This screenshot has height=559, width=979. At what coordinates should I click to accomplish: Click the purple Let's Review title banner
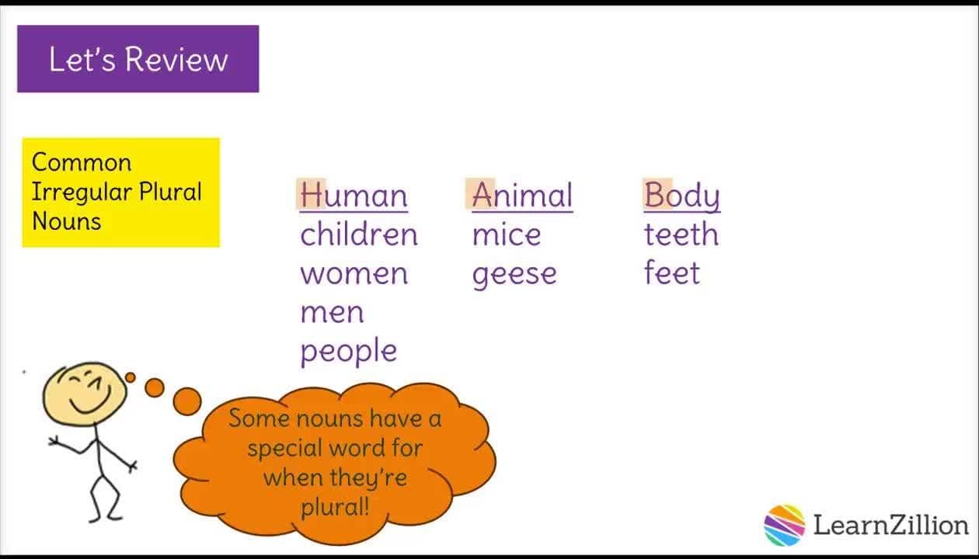pos(138,59)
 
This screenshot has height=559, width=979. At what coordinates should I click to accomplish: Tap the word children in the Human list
pos(359,234)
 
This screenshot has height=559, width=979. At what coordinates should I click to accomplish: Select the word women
pos(354,273)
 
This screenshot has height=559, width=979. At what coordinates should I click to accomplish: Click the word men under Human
pos(332,312)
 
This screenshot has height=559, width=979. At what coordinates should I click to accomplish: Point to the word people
pos(348,352)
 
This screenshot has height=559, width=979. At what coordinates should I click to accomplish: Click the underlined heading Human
pos(354,196)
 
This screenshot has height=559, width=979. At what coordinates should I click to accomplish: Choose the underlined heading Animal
pos(522,196)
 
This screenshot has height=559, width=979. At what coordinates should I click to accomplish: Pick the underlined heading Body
pos(681,196)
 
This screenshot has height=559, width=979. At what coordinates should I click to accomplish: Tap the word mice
pos(506,234)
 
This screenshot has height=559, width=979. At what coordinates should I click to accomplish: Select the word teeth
pos(681,234)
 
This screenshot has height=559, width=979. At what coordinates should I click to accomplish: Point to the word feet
pos(671,273)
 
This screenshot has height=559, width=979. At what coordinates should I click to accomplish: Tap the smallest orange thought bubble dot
pos(131,377)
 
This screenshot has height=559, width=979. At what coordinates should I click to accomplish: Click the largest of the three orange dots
pos(186,401)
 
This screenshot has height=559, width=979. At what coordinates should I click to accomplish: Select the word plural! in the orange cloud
pos(335,507)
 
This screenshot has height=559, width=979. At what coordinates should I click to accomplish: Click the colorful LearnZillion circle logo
pos(784,525)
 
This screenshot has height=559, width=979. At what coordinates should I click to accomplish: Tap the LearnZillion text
pos(890,525)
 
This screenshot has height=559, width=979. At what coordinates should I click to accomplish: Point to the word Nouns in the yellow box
pos(67,221)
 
